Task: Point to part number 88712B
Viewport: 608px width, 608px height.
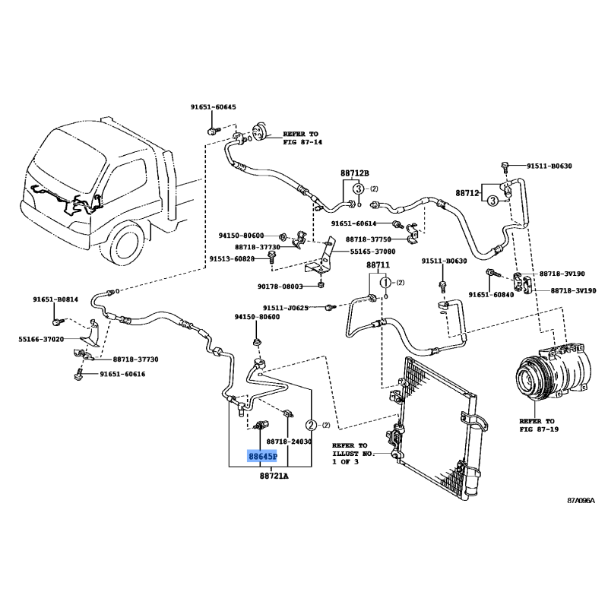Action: tap(354, 173)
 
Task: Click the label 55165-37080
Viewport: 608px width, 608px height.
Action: tap(373, 252)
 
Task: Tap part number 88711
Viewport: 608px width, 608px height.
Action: tap(378, 265)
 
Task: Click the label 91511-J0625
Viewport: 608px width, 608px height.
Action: tap(299, 308)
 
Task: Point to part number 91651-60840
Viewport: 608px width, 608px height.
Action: tap(491, 295)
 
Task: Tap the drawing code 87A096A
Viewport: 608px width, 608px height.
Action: tap(581, 500)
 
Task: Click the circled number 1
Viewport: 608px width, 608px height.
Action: tap(385, 283)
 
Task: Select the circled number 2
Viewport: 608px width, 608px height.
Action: tap(311, 425)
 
